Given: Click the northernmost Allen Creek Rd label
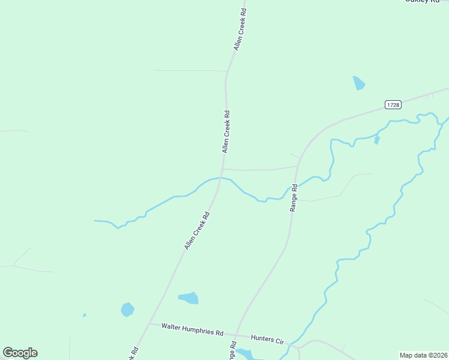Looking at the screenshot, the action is click(x=240, y=29).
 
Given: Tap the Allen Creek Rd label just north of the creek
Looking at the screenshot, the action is click(x=226, y=131).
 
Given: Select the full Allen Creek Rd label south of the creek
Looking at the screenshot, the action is click(x=197, y=231).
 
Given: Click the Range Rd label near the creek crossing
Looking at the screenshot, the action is click(x=294, y=197).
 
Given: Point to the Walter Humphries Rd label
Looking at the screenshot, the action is click(x=193, y=329).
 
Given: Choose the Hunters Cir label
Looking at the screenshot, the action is click(x=267, y=339).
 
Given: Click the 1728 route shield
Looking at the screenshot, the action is click(x=393, y=104).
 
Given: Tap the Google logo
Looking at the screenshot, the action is click(x=20, y=353).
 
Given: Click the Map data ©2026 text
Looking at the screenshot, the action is click(x=423, y=355).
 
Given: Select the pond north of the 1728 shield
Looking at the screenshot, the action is click(x=359, y=83).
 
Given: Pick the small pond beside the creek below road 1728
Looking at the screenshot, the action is click(x=376, y=140).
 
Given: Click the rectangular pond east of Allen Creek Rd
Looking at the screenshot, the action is click(x=189, y=298).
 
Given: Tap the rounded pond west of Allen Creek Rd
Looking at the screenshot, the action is click(x=127, y=310).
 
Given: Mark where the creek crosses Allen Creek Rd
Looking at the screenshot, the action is click(x=221, y=178).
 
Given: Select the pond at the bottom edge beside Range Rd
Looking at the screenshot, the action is click(x=246, y=353).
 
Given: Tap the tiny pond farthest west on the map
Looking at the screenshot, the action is click(x=85, y=315).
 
